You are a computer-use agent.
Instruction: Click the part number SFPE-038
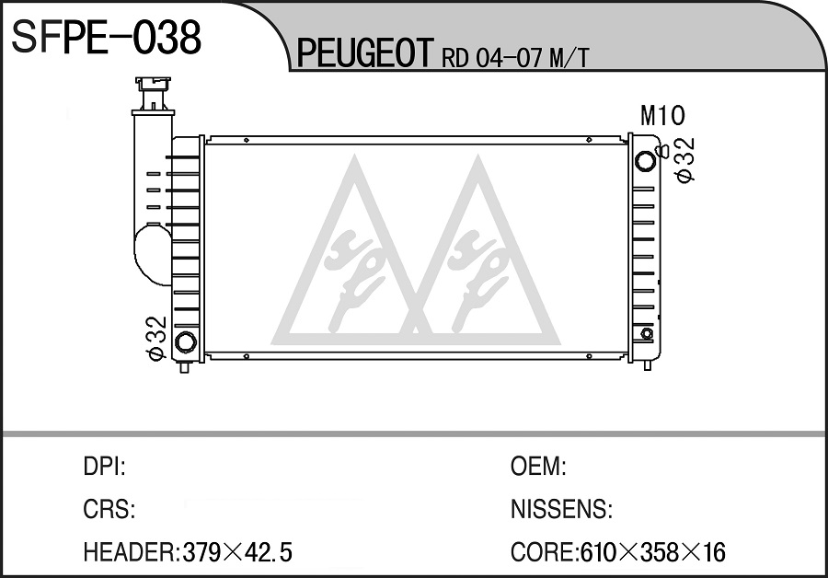coord(106,37)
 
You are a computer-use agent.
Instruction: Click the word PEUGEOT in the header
coord(365,52)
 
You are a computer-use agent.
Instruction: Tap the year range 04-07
coord(510,58)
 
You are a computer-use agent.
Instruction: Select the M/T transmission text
coord(569,58)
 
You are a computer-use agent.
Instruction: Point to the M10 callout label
coord(662,116)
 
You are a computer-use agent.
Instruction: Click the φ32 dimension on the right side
coord(684,160)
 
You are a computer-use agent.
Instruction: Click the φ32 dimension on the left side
coord(156,339)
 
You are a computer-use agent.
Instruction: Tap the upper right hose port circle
coord(645,161)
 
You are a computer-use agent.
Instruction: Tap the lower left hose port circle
coord(185,341)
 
